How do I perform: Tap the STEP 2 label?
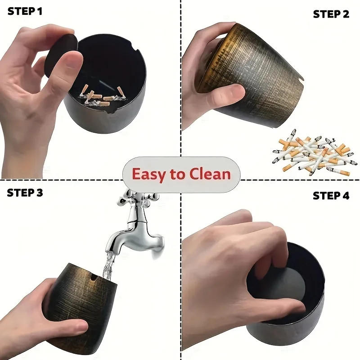pos(331,14)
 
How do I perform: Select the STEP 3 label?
pos(25,193)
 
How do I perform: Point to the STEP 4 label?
pos(331,196)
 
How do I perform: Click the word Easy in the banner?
pos(148,174)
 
